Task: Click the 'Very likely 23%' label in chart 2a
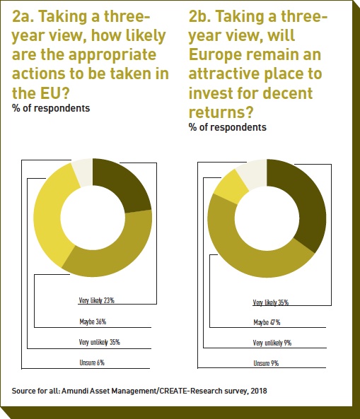coord(97,300)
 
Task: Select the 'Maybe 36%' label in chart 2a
coord(93,321)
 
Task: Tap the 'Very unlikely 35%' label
coord(100,342)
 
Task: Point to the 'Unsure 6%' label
coord(92,362)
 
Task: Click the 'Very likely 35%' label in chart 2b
coord(271,302)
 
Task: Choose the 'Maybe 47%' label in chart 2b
coord(267,322)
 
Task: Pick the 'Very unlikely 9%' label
coord(272,343)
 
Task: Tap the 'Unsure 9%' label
coord(266,363)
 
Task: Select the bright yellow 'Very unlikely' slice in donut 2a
coord(51,214)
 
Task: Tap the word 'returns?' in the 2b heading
coord(221,112)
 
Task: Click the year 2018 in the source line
coord(259,391)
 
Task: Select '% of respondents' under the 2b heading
coord(228,127)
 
